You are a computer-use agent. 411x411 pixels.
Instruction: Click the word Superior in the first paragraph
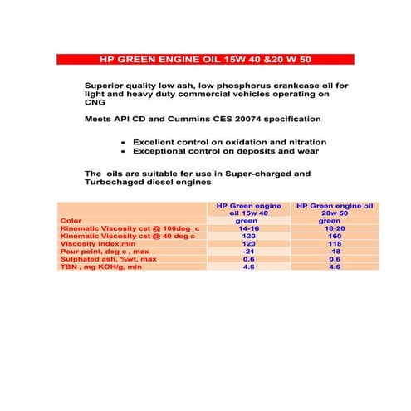pyautogui.click(x=105, y=86)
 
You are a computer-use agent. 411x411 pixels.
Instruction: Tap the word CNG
pyautogui.click(x=95, y=105)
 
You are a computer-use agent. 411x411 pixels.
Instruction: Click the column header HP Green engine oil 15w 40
pyautogui.click(x=248, y=209)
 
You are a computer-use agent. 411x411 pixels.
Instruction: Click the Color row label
pyautogui.click(x=71, y=221)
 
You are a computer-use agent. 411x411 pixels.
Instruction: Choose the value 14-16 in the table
pyautogui.click(x=248, y=228)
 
